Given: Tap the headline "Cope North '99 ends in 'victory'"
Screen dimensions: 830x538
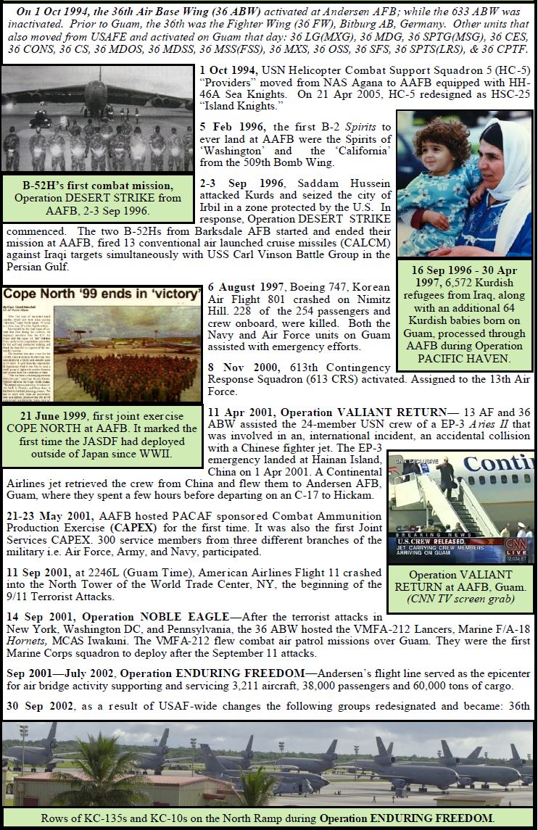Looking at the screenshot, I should click(x=102, y=294).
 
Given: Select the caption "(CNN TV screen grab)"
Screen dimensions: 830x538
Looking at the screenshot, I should click(x=460, y=598).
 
